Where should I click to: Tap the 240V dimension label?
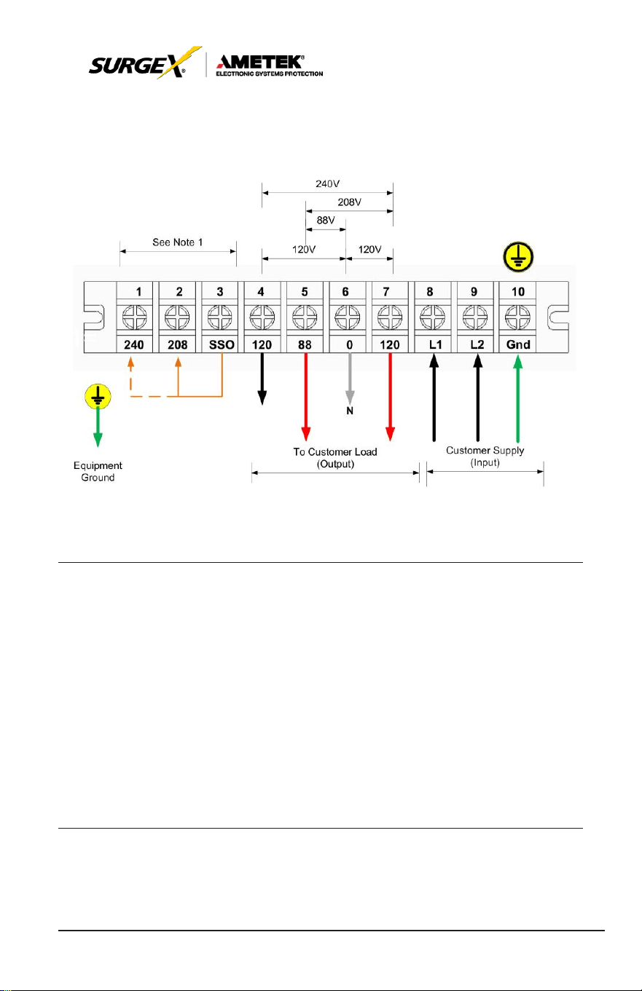(328, 183)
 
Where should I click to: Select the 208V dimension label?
(349, 202)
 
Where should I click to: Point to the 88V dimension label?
(326, 221)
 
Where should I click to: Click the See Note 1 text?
(178, 242)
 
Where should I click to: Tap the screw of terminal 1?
(134, 317)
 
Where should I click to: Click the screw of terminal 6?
(347, 317)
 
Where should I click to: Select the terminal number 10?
(518, 292)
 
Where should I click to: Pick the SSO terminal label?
(222, 344)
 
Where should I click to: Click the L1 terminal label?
(435, 344)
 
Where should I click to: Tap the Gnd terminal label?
(518, 344)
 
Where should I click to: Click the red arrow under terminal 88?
(305, 397)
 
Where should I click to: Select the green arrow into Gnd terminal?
(517, 398)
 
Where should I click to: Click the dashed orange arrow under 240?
(130, 377)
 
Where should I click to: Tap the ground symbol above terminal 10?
(518, 257)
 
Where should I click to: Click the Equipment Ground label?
(98, 472)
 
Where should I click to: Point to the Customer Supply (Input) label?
(485, 456)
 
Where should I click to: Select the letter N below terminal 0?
(350, 411)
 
